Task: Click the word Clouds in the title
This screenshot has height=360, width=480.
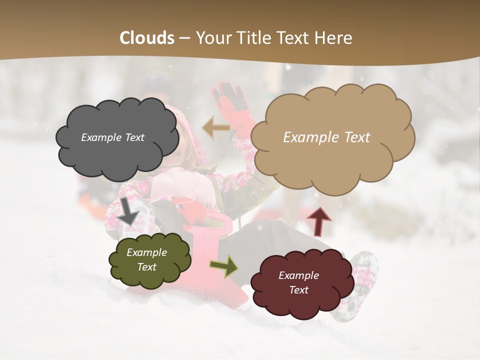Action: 147,38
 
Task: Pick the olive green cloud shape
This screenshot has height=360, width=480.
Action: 150,277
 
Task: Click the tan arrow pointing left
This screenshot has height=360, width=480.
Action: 215,128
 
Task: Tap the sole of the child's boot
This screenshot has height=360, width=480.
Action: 360,285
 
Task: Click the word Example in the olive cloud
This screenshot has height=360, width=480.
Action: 146,252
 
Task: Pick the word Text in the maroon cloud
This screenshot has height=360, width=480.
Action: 298,290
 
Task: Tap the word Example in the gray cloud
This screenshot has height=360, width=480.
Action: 101,137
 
